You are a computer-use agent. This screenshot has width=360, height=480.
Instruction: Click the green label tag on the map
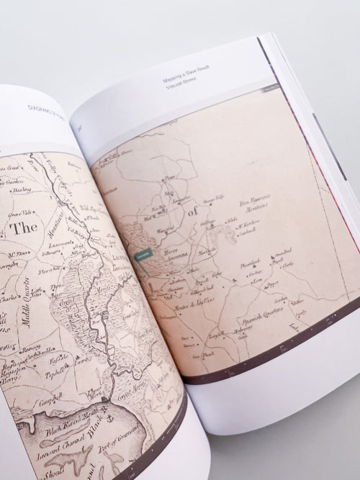[143, 255]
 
